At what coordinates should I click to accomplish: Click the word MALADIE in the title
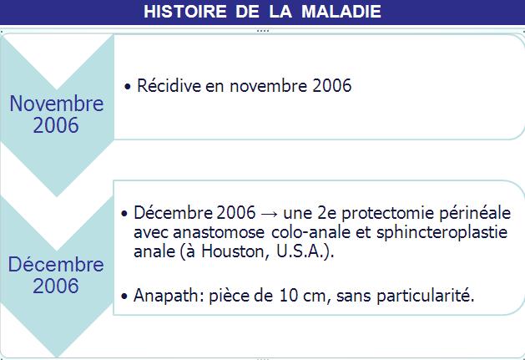pyautogui.click(x=341, y=12)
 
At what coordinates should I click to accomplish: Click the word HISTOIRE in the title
pyautogui.click(x=184, y=12)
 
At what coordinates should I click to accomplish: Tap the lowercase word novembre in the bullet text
pyautogui.click(x=268, y=86)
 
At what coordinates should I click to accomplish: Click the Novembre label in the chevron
pyautogui.click(x=57, y=104)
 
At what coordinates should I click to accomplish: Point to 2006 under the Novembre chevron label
pyautogui.click(x=56, y=125)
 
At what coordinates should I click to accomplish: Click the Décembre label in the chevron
pyautogui.click(x=56, y=264)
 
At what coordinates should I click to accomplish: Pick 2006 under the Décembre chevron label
pyautogui.click(x=56, y=286)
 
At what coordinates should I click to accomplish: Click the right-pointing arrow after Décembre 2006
pyautogui.click(x=270, y=214)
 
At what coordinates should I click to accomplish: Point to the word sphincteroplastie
pyautogui.click(x=442, y=232)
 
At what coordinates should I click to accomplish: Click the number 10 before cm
pyautogui.click(x=289, y=296)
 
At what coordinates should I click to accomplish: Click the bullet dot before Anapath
pyautogui.click(x=124, y=297)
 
